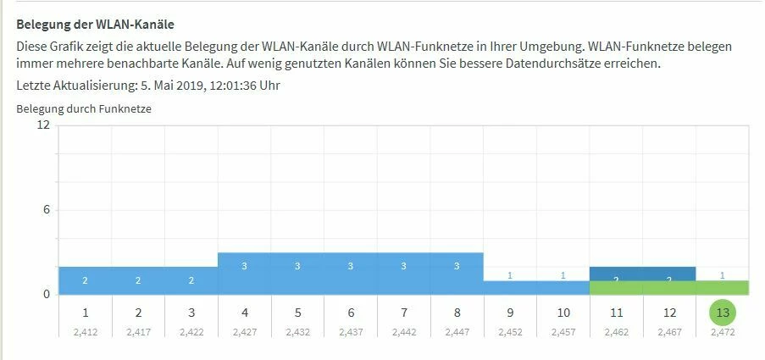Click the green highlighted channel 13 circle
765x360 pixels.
pos(723,313)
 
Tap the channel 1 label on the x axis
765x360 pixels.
pos(85,313)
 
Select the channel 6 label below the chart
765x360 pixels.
pos(351,313)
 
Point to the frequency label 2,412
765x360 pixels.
pos(85,332)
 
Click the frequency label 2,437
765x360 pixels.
pos(351,332)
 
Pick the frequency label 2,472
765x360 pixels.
pos(723,332)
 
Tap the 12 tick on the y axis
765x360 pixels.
pos(43,125)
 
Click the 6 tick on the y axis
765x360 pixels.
pos(47,209)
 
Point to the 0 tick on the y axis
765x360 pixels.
pos(47,294)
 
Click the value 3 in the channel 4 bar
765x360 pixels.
pos(245,266)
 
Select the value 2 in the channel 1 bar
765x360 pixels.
pos(85,280)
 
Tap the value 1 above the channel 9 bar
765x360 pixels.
pos(510,274)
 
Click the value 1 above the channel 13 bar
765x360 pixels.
pos(722,274)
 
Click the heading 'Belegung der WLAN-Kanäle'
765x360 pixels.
pos(101,25)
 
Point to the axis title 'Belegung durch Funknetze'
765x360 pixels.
pos(84,108)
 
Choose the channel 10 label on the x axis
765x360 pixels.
pos(563,313)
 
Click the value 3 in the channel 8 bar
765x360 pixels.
pos(457,266)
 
